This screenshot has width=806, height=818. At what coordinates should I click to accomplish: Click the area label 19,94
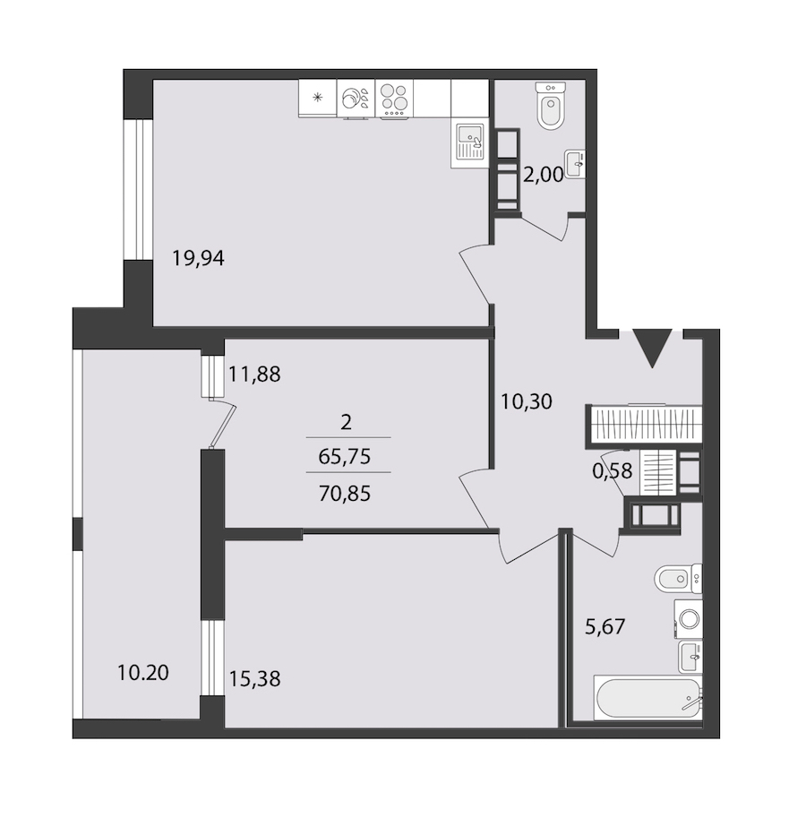point(198,258)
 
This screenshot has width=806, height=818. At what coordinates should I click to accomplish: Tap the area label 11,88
point(254,374)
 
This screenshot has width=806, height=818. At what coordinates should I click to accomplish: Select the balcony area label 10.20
point(143,673)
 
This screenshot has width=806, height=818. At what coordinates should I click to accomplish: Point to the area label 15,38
point(254,679)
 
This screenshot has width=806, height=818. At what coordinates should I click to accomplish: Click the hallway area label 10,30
point(526,401)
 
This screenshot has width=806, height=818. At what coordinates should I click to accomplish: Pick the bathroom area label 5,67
point(604,626)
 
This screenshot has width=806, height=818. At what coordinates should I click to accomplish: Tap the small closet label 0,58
point(612,471)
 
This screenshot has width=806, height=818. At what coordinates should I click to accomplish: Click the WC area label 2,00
point(544,176)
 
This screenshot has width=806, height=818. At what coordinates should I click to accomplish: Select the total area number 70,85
point(344,493)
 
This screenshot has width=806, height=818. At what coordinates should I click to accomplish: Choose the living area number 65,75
point(344,456)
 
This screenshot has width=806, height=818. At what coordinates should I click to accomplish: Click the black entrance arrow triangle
point(652,348)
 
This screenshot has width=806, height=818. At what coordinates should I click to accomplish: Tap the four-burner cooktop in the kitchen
point(394,98)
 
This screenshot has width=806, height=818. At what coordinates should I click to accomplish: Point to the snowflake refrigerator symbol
point(317,97)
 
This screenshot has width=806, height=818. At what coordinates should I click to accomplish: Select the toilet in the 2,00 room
point(551,107)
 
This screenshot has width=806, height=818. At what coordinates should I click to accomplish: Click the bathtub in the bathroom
point(647,699)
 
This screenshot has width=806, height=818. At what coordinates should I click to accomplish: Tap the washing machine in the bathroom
point(688,619)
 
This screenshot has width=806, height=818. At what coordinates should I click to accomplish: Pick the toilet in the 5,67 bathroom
point(678,579)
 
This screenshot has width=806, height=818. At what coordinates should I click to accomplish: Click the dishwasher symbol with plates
point(356,98)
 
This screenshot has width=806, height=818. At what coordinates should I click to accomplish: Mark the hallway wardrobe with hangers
point(645,423)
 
